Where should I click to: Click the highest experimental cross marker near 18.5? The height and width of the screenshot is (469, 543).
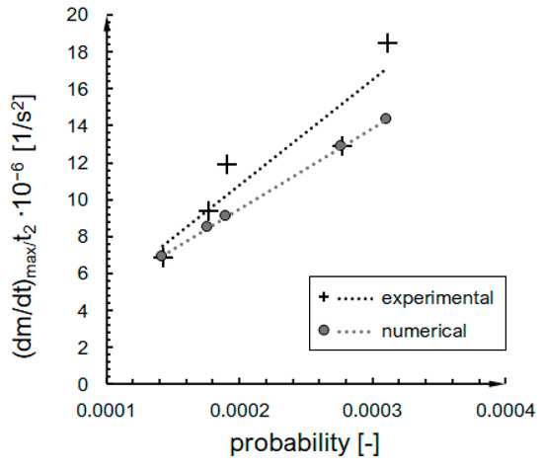coord(387,43)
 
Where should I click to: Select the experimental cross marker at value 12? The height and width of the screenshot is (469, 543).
coord(227,164)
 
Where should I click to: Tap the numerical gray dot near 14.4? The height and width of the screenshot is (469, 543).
coord(386,119)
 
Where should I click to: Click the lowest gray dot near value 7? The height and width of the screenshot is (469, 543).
coord(161,256)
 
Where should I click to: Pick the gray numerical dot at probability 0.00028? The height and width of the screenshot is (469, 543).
coord(342,146)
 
